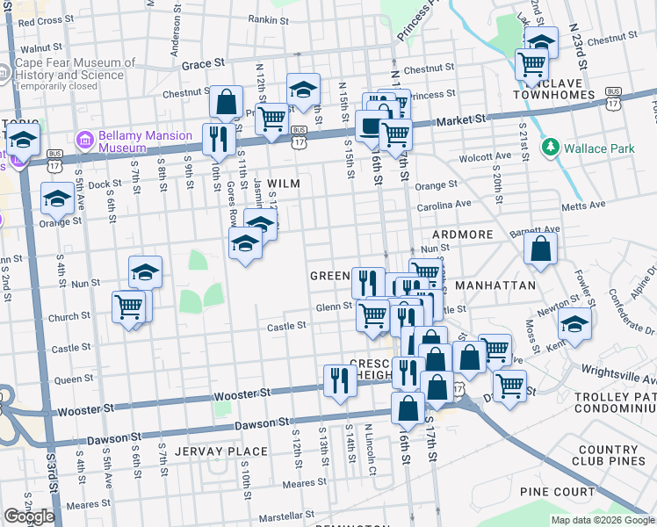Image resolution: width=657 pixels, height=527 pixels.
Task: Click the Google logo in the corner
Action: pos(29,516)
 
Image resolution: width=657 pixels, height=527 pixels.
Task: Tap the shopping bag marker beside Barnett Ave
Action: pos(540,248)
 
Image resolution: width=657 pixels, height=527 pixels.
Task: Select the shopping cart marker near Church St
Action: pos(129,307)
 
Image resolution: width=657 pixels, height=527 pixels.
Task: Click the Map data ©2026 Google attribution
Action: pos(603,520)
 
